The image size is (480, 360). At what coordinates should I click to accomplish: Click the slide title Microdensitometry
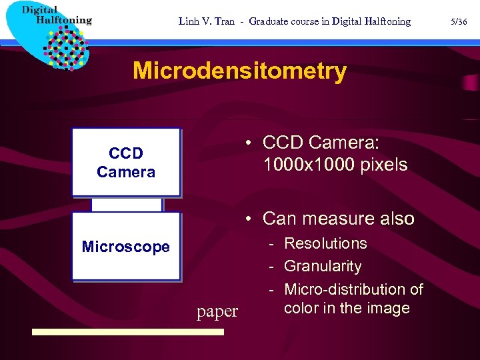tap(239, 71)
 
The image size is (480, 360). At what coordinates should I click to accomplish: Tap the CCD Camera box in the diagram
tap(126, 162)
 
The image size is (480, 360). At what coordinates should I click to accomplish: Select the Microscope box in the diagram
tap(126, 247)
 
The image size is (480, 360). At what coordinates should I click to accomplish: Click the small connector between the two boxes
tap(127, 204)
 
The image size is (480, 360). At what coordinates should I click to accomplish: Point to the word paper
tap(217, 311)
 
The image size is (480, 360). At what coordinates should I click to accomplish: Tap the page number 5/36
tap(459, 21)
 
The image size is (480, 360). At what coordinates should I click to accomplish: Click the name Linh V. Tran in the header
tap(207, 21)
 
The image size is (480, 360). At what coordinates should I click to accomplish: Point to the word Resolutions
tap(325, 243)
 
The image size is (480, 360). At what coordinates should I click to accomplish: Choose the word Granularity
tap(323, 266)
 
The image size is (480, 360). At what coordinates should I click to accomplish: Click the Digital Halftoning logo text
tap(56, 15)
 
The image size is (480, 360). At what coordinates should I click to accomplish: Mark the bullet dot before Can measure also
tap(247, 219)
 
